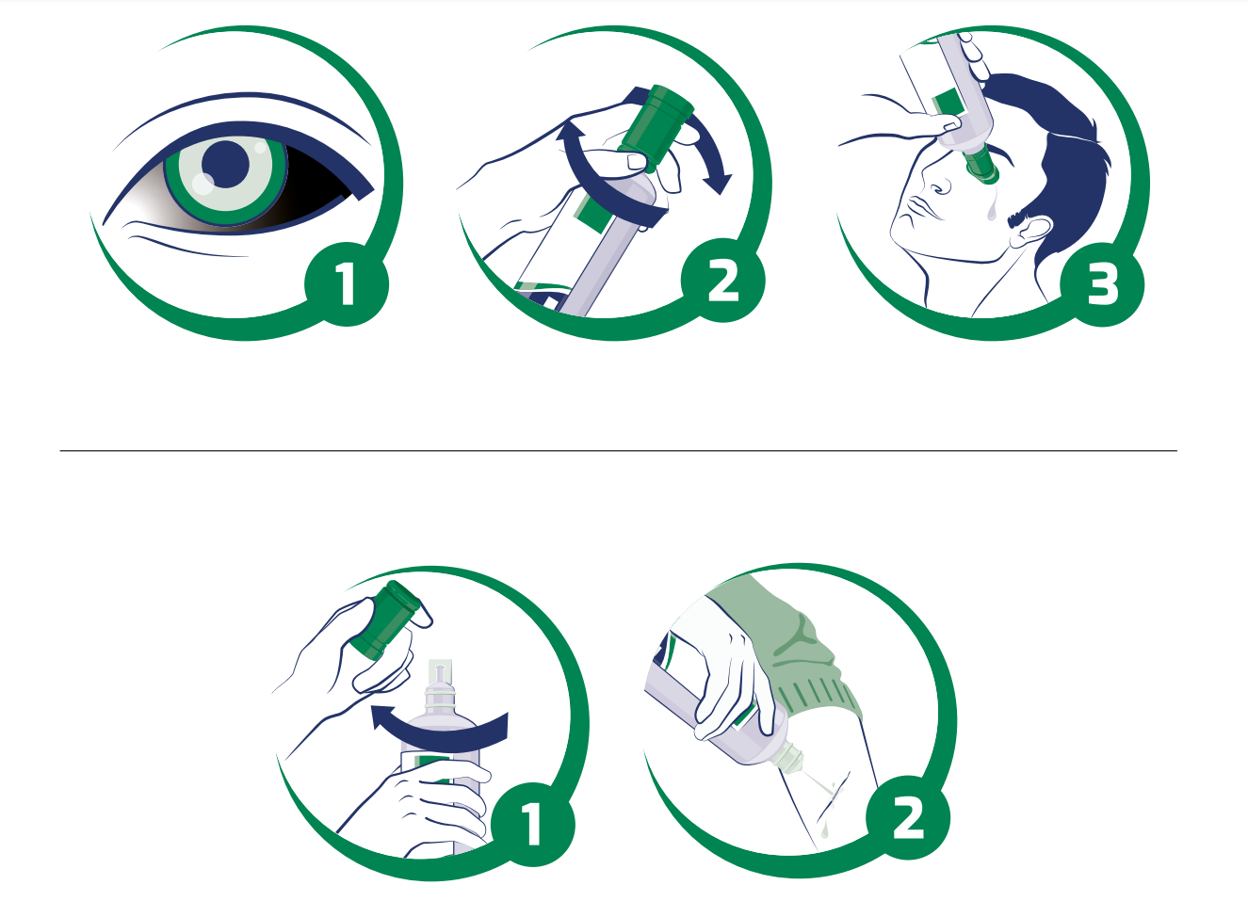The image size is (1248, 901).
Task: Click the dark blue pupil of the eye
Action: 226,164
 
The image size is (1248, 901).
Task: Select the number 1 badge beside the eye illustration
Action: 347,284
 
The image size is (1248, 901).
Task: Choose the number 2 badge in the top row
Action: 723,281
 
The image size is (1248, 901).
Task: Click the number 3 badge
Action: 1102,284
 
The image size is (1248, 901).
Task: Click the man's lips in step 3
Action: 919,210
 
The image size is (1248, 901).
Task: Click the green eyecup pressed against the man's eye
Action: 981,164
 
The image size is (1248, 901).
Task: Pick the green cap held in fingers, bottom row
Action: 386,619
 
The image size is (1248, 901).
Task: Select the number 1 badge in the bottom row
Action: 532,825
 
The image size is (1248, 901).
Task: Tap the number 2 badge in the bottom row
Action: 908,817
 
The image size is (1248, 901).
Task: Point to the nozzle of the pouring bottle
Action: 791,759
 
